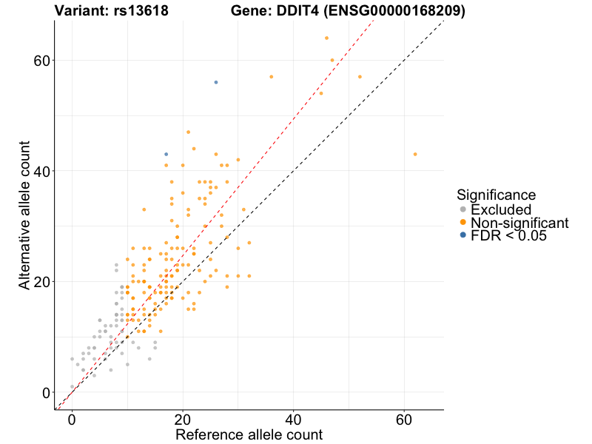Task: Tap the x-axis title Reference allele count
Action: [x=249, y=435]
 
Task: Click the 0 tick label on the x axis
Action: [x=72, y=419]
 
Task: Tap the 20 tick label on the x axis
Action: [x=183, y=419]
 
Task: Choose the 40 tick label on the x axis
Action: [x=294, y=419]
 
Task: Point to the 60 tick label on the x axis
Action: [x=405, y=419]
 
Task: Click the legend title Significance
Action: [x=496, y=195]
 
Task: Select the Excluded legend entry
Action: [x=499, y=209]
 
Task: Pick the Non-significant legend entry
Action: [x=518, y=223]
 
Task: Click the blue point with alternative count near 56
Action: [x=216, y=82]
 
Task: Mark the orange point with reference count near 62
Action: [x=415, y=154]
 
